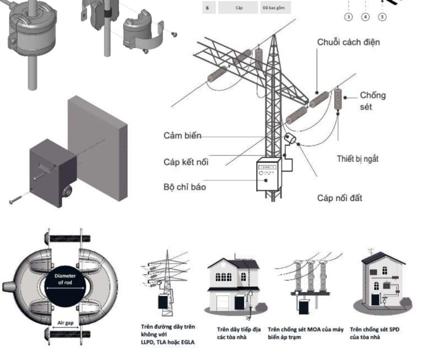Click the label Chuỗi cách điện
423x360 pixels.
(x=348, y=42)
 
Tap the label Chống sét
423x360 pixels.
(x=373, y=100)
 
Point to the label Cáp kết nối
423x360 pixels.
(x=186, y=162)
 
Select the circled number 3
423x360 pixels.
(x=349, y=17)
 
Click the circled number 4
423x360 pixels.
(x=366, y=17)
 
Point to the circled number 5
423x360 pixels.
(x=383, y=17)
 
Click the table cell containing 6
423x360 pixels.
(x=207, y=8)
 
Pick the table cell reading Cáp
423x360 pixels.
(x=238, y=8)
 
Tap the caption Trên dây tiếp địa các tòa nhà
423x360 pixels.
(x=238, y=333)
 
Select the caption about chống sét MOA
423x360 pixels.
(x=305, y=333)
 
